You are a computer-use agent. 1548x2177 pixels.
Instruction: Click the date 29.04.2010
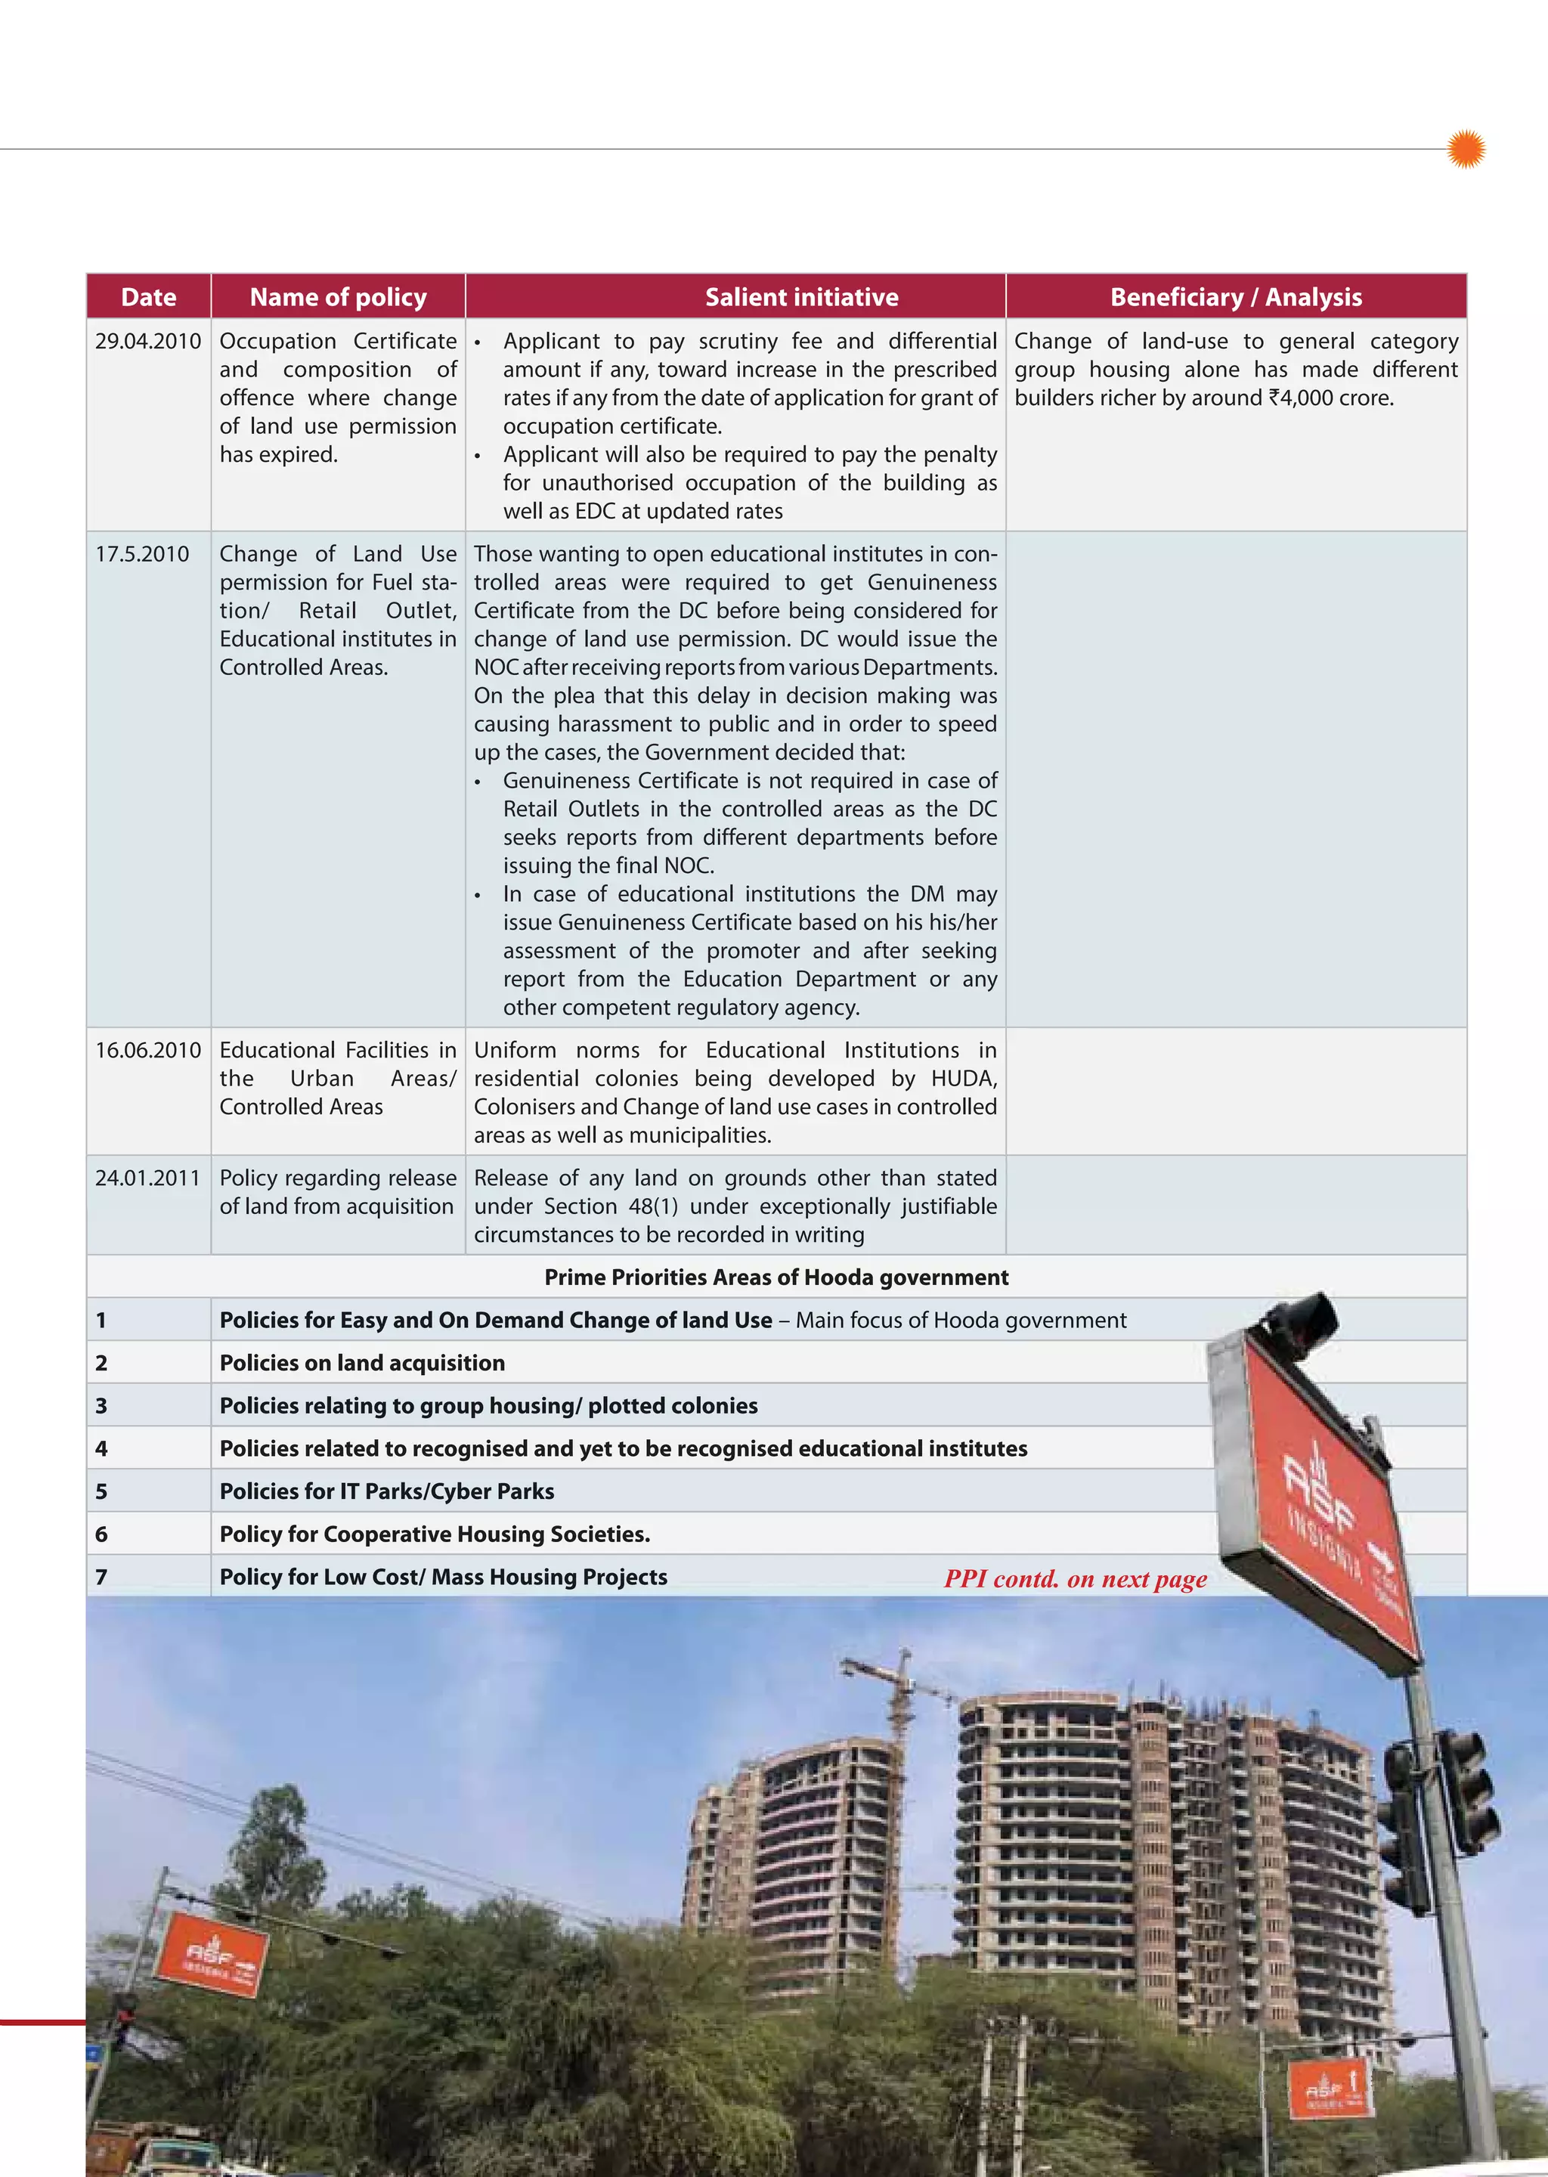[147, 341]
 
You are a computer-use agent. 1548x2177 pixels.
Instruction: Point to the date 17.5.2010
[142, 554]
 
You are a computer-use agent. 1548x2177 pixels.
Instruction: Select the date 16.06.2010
[147, 1051]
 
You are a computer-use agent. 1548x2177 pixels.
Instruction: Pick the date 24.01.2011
[147, 1178]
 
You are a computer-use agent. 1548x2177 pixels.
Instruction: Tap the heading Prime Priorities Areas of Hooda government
[776, 1277]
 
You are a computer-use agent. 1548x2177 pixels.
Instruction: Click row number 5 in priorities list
[102, 1491]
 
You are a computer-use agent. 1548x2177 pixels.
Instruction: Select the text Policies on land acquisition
[362, 1363]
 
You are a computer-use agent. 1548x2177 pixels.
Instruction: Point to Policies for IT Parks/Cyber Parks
[386, 1491]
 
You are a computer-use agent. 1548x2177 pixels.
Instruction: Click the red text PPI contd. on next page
[1076, 1579]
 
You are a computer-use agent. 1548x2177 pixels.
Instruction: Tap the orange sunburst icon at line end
[1466, 149]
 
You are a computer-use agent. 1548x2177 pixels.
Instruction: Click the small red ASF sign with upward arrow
[1330, 2089]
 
